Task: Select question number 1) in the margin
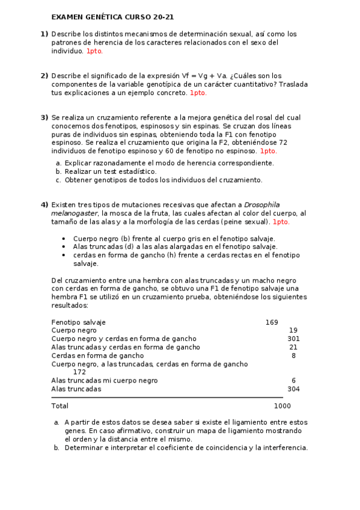pos(44,34)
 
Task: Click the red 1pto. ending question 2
pos(198,93)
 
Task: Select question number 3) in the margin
pos(44,118)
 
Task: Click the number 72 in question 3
pos(284,143)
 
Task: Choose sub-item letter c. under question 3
pos(58,180)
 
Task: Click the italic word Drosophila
pos(262,205)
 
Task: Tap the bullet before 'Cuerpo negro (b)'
pos(64,239)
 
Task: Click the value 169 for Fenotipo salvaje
pos(272,322)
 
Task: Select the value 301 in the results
pos(293,339)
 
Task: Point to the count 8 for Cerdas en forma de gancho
pos(293,356)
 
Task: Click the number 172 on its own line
pos(79,372)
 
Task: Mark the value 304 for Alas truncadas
pos(293,389)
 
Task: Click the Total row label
pos(60,406)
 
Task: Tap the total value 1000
pos(282,406)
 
